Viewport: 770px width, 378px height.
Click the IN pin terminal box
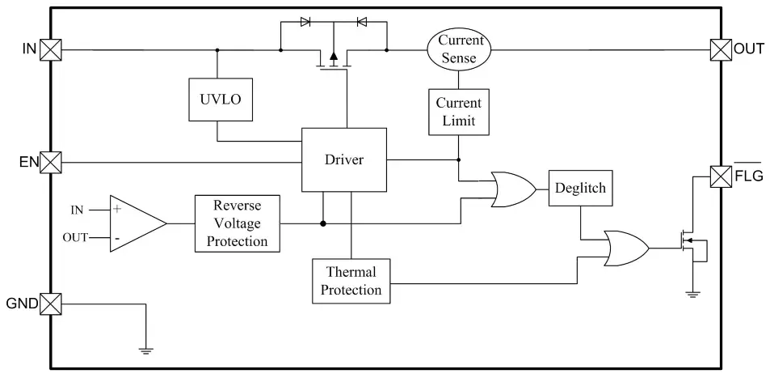(x=51, y=49)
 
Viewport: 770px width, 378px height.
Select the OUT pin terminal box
(x=720, y=49)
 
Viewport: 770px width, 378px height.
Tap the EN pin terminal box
(x=51, y=162)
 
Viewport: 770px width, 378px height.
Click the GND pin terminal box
(x=51, y=304)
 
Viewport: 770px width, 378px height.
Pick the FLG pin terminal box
(x=720, y=175)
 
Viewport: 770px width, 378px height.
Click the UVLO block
(x=217, y=100)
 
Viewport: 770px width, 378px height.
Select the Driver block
(x=344, y=159)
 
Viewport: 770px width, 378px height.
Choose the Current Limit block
(x=458, y=113)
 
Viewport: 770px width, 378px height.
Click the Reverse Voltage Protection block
(x=238, y=223)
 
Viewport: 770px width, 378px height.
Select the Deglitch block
(x=579, y=189)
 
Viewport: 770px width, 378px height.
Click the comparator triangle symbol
(x=135, y=223)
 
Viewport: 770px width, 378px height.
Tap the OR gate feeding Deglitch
(x=514, y=189)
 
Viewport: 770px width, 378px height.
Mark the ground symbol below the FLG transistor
(x=692, y=294)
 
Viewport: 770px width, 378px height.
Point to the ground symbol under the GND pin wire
(x=145, y=350)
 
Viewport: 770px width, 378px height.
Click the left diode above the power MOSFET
(x=305, y=22)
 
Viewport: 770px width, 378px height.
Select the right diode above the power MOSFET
(x=361, y=22)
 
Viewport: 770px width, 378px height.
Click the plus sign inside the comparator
(x=118, y=209)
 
